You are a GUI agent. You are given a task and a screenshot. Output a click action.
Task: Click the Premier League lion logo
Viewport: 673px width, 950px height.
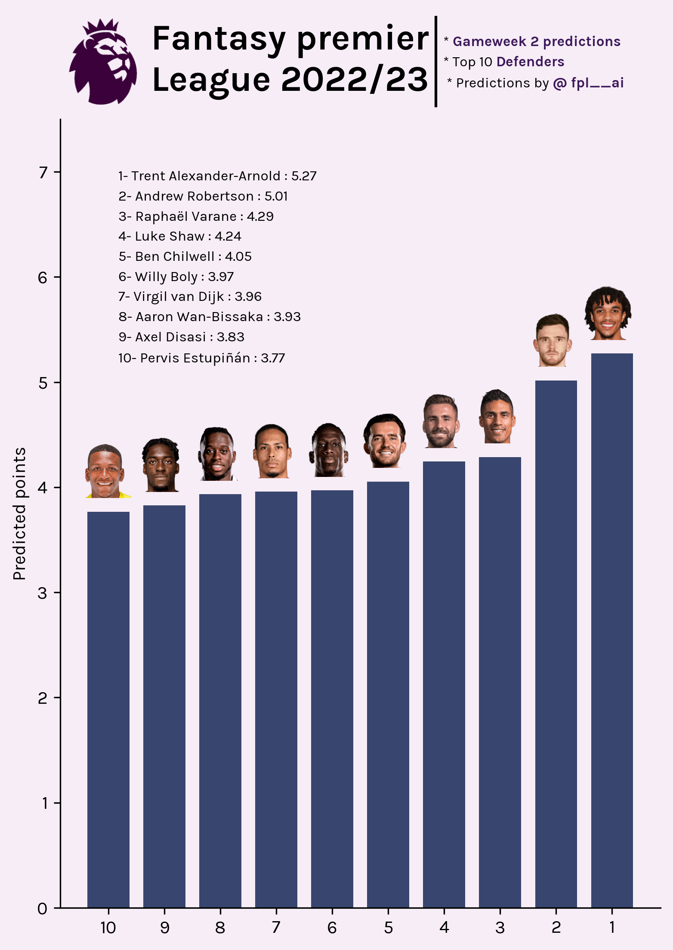pos(103,62)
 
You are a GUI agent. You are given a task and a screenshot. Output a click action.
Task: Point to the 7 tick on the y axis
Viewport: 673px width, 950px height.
pos(43,172)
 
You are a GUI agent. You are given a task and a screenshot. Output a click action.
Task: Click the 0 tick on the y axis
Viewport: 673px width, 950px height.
pos(43,908)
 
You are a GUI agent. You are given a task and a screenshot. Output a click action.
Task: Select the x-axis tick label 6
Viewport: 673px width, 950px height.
pos(332,928)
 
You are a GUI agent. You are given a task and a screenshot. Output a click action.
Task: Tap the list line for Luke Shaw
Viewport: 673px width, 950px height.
pos(180,236)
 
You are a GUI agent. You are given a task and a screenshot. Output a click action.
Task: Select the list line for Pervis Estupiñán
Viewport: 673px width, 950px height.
pos(201,358)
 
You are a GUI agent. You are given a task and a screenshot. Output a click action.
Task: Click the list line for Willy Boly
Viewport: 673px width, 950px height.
pos(176,277)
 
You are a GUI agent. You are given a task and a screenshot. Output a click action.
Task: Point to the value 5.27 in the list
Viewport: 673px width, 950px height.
pos(304,176)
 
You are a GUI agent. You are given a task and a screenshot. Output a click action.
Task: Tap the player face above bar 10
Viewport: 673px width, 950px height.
pos(105,471)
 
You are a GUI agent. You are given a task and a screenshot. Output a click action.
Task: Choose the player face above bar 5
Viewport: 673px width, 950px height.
pos(385,441)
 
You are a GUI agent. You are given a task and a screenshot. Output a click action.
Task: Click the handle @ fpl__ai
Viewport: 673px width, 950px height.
pos(588,83)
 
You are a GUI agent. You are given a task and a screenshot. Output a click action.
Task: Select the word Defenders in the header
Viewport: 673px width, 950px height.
pos(530,62)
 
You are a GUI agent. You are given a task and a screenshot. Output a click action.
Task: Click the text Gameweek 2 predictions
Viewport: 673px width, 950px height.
pos(536,41)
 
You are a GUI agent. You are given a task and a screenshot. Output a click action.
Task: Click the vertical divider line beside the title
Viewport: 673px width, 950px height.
pos(436,62)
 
